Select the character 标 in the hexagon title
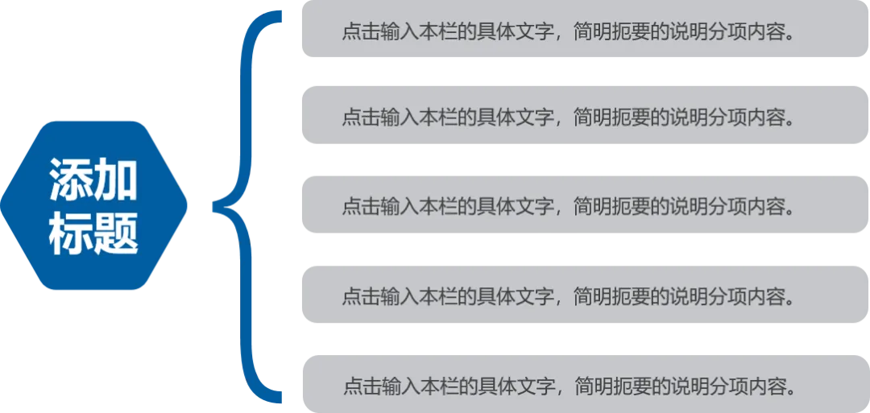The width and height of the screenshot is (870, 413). pyautogui.click(x=71, y=234)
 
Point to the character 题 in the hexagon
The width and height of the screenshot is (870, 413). pyautogui.click(x=116, y=234)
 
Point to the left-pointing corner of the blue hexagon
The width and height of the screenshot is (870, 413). pyautogui.click(x=3, y=204)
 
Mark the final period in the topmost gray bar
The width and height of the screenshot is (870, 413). pyautogui.click(x=790, y=36)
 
